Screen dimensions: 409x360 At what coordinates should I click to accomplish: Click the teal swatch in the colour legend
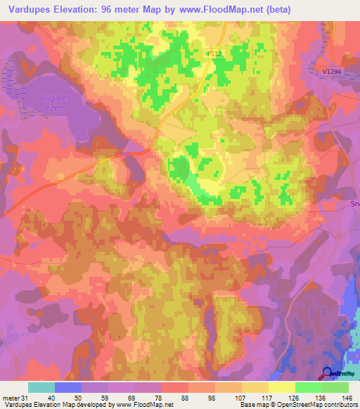coord(41,387)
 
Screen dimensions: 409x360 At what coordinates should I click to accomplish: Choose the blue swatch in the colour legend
coord(68,387)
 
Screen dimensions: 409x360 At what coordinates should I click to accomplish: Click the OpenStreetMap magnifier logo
coord(328,374)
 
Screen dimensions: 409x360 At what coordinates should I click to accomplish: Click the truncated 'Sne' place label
coord(354,202)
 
